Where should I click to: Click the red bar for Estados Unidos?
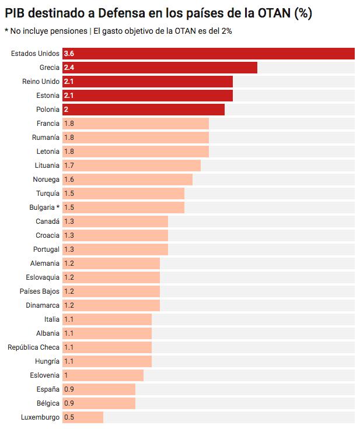pyautogui.click(x=209, y=54)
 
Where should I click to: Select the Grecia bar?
pyautogui.click(x=160, y=68)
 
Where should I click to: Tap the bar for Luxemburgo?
pyautogui.click(x=83, y=417)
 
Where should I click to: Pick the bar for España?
pyautogui.click(x=99, y=389)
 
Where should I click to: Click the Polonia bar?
pyautogui.click(x=144, y=110)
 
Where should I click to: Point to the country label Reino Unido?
pyautogui.click(x=41, y=82)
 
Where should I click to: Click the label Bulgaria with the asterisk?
pyautogui.click(x=44, y=208)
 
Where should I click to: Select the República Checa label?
pyautogui.click(x=33, y=347)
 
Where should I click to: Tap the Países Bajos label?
pyautogui.click(x=39, y=291)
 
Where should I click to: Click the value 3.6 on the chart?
pyautogui.click(x=69, y=54)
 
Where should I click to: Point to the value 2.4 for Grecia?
pyautogui.click(x=69, y=68)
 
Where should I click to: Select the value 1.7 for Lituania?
pyautogui.click(x=69, y=166)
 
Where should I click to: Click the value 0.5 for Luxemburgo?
pyautogui.click(x=69, y=417)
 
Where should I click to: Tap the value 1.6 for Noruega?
pyautogui.click(x=69, y=180)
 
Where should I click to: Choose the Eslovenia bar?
pyautogui.click(x=103, y=375)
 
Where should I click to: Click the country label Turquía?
pyautogui.click(x=48, y=194)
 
